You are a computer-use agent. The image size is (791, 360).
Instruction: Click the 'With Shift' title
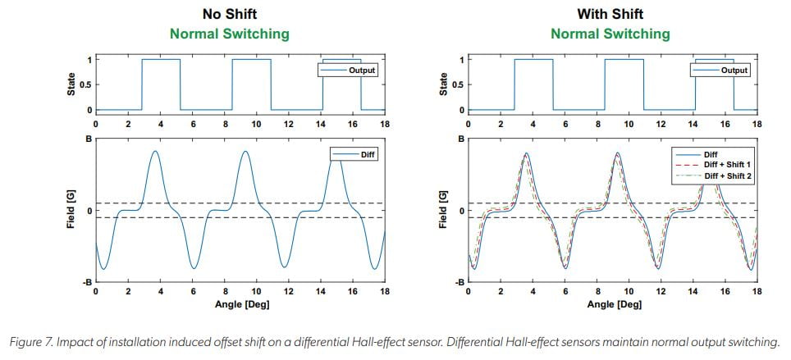610,14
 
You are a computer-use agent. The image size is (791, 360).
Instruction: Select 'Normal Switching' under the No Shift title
229,34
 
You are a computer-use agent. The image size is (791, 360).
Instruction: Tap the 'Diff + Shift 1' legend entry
724,165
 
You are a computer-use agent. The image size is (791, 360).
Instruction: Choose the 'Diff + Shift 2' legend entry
724,176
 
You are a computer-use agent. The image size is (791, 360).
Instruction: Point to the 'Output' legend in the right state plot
734,71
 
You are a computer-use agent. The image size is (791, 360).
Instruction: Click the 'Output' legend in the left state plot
361,71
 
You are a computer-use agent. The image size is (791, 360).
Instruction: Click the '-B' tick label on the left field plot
85,283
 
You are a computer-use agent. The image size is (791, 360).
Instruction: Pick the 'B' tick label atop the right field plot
461,139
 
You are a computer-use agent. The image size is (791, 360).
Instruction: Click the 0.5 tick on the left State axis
84,84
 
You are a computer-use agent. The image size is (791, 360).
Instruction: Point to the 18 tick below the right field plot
757,292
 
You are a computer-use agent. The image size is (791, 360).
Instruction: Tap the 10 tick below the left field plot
256,292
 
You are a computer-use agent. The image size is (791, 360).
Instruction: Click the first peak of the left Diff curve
155,152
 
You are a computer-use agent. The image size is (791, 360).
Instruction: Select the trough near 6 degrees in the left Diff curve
194,268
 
